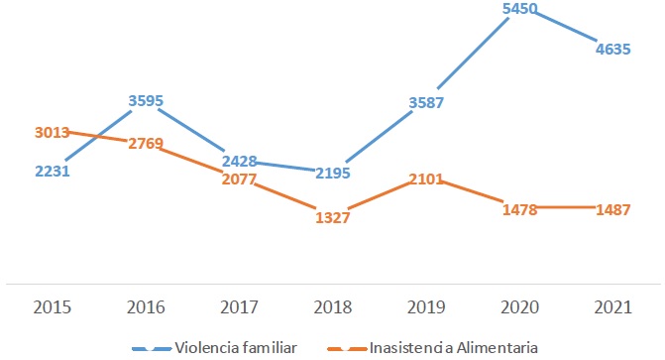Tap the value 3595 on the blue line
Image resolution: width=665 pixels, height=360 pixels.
146,100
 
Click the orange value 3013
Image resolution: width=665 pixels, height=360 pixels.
54,132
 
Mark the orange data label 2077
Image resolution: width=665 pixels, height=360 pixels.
240,180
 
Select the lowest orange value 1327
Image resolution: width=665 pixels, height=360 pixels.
333,218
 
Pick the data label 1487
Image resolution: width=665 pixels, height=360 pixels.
610,208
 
